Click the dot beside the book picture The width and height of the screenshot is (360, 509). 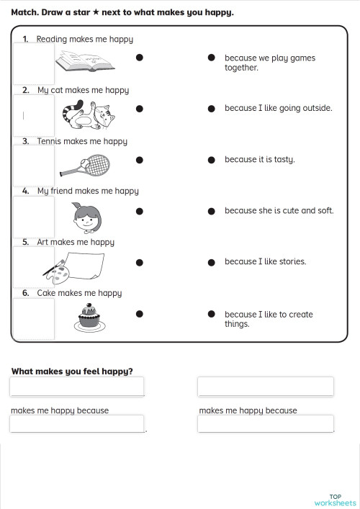click(x=140, y=57)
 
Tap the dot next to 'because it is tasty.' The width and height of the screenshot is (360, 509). click(x=212, y=160)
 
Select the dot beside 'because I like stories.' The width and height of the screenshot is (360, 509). click(x=212, y=262)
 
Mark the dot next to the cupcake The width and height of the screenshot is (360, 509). click(x=140, y=313)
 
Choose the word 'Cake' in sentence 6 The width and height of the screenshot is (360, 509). click(x=46, y=293)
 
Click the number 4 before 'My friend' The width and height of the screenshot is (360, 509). click(x=25, y=192)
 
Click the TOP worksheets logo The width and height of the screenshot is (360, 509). click(x=335, y=499)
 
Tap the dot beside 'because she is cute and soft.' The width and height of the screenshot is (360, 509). click(x=212, y=211)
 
